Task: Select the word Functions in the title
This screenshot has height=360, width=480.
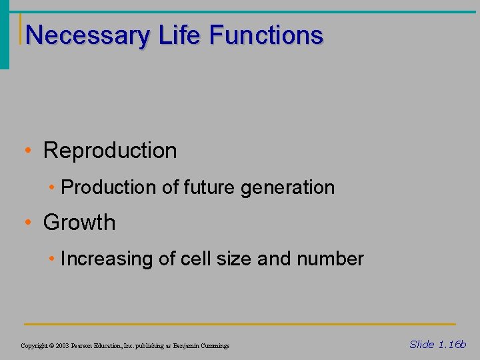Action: tap(266, 35)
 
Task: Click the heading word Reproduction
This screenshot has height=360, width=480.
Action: tap(110, 151)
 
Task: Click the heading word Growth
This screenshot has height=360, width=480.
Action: tap(79, 223)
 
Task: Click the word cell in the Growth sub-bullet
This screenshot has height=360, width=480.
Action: tap(191, 259)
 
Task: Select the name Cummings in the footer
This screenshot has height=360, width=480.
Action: tap(214, 346)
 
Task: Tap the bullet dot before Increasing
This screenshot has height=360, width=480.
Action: tap(52, 259)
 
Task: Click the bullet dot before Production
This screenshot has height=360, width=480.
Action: tap(52, 188)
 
